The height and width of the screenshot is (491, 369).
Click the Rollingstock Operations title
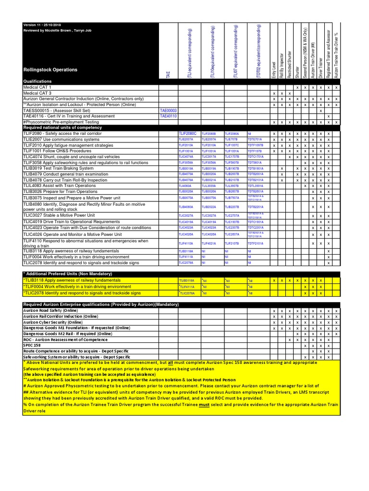tap(50, 70)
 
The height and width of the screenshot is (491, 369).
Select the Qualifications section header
tap(37, 82)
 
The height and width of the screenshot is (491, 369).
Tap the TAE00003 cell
tap(168, 110)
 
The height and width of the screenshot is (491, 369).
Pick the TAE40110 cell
tap(168, 116)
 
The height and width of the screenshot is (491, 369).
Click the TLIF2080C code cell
tap(188, 133)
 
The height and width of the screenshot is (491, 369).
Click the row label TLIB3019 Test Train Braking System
tap(59, 168)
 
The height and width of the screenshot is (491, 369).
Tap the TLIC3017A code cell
tap(209, 157)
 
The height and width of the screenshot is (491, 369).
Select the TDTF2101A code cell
tap(256, 244)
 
